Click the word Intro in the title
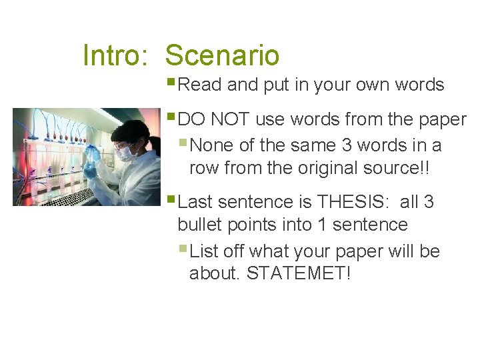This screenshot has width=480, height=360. (114, 55)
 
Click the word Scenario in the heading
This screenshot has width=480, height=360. (222, 55)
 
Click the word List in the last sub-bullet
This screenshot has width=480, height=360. (204, 251)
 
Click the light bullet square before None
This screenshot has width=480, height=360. (184, 143)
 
